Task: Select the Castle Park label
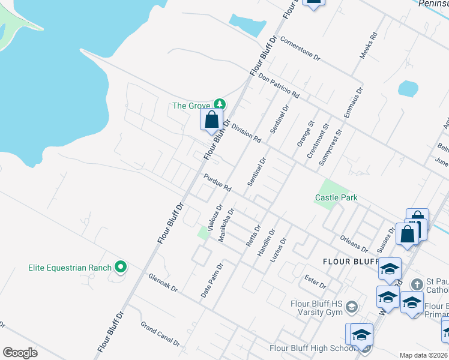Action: tap(336, 197)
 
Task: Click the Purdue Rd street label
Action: tap(217, 182)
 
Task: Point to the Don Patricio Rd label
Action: tap(279, 86)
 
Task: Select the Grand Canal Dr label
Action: tap(160, 334)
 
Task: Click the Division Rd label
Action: tap(246, 133)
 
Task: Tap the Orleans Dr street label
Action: tap(354, 242)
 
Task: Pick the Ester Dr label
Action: tap(315, 281)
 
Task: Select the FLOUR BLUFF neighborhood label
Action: tap(351, 262)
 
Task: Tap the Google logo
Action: tap(20, 353)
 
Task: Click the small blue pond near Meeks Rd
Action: tap(408, 89)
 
